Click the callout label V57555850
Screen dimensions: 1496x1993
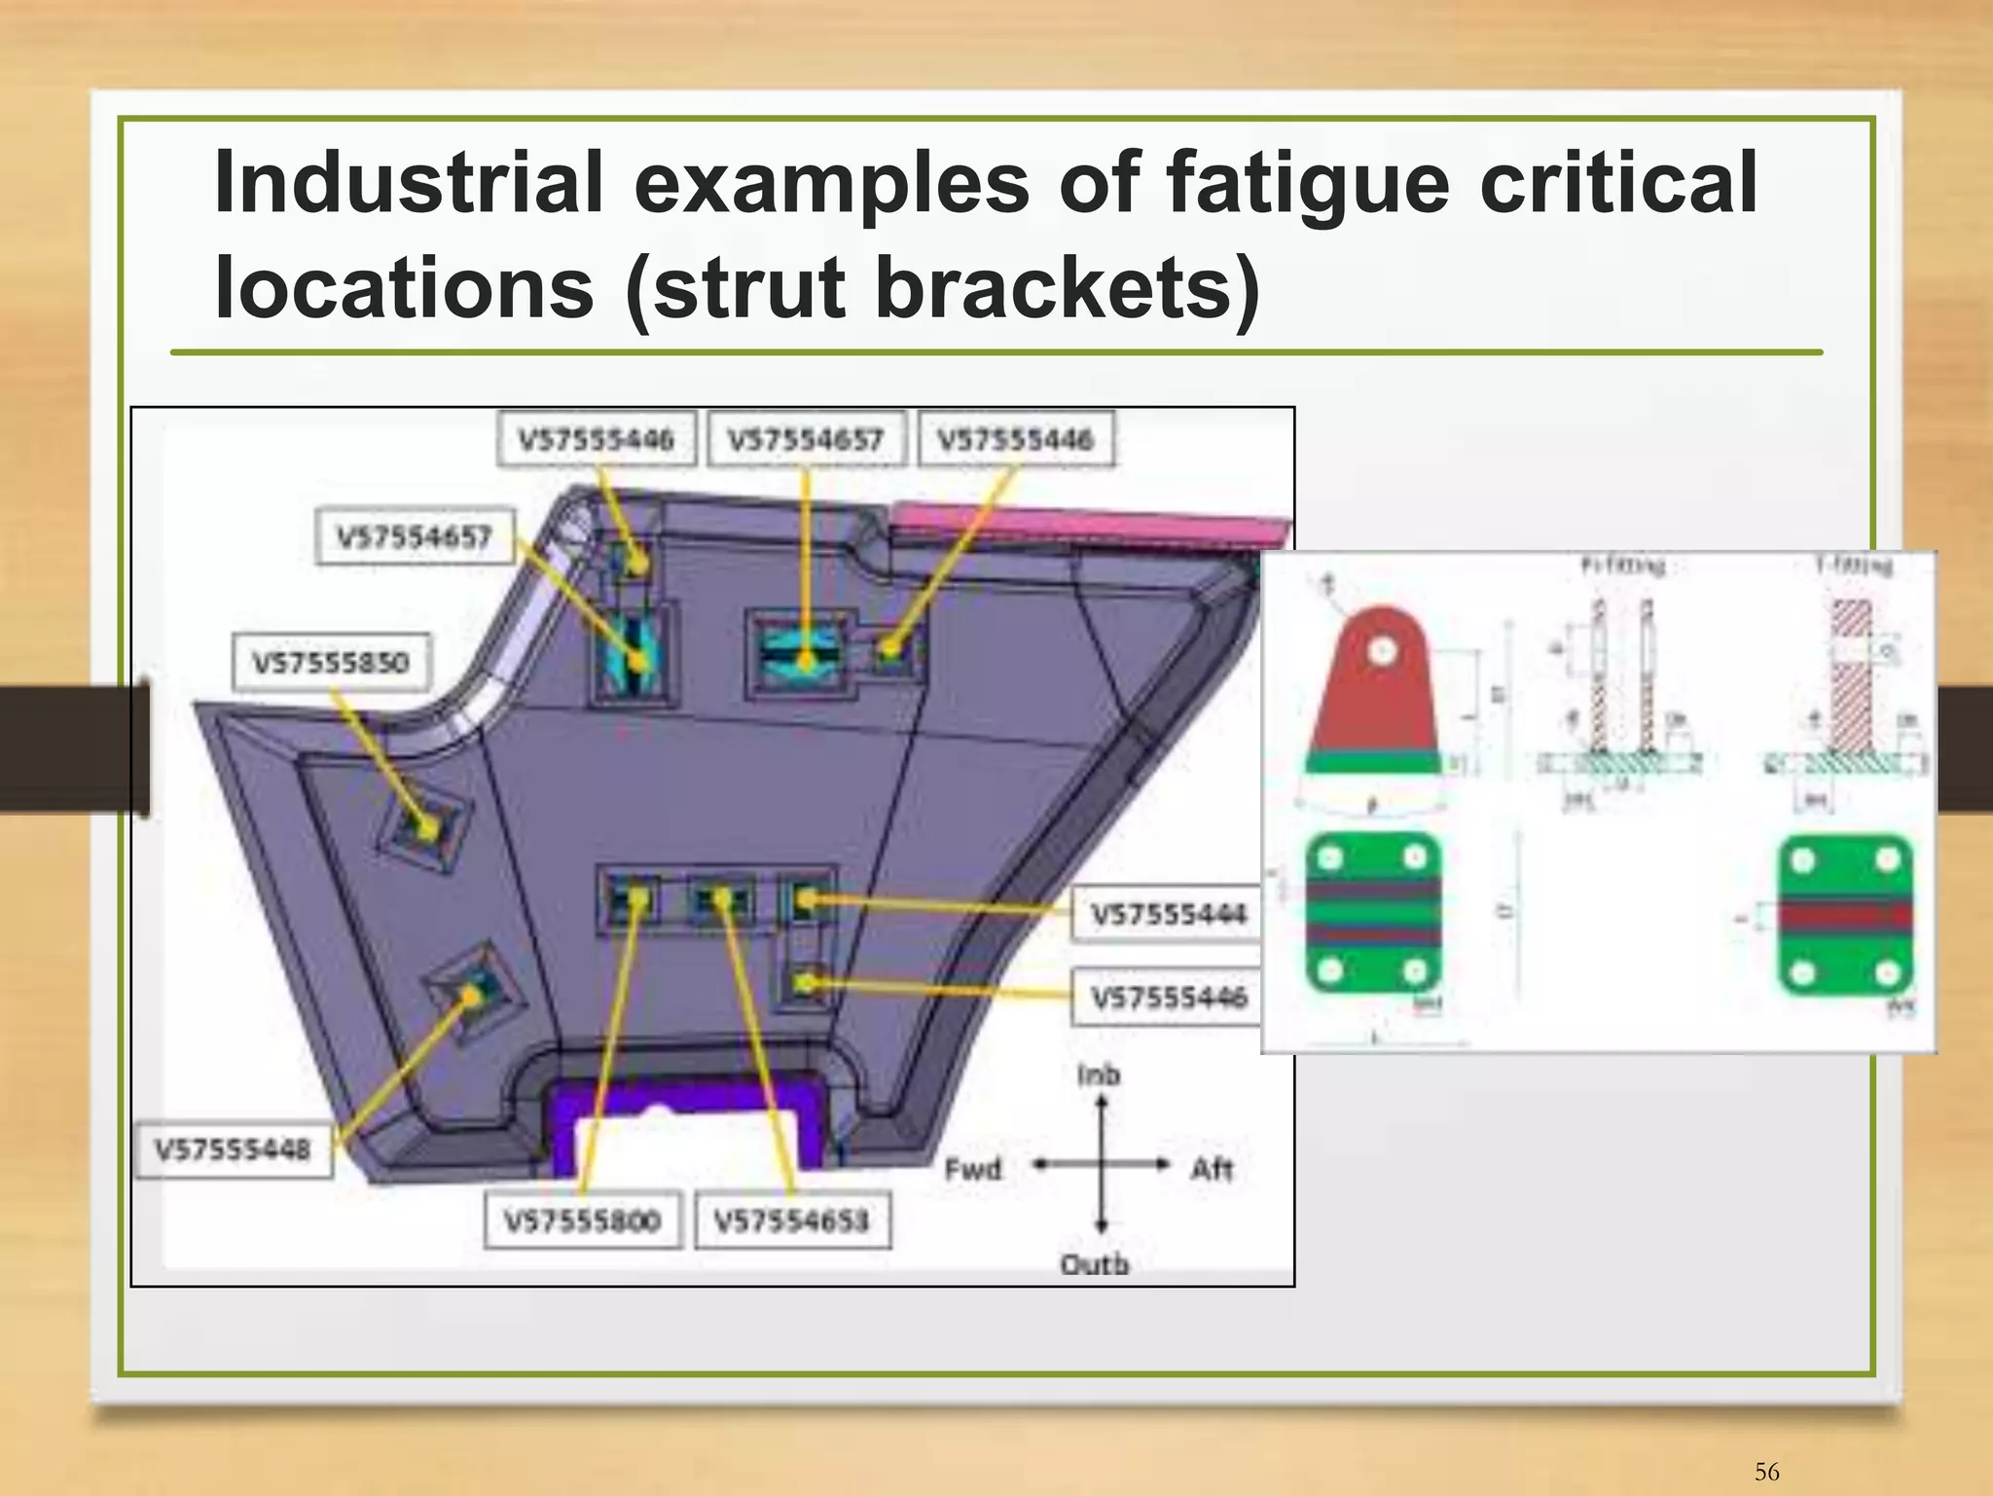(x=331, y=663)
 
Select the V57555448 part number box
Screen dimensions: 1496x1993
(x=234, y=1149)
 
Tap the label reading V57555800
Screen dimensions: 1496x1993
(x=582, y=1220)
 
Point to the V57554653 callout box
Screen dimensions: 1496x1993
(x=792, y=1220)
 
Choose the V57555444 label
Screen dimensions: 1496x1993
(x=1168, y=914)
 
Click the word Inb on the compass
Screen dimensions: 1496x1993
(x=1099, y=1076)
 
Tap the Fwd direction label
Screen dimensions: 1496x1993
(x=972, y=1168)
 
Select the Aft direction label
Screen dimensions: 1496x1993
(x=1212, y=1168)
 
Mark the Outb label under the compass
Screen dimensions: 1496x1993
(x=1095, y=1264)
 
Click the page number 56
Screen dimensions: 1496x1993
(x=1766, y=1472)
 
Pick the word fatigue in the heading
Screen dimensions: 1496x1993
(x=1307, y=185)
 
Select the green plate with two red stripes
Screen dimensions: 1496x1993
(x=1372, y=913)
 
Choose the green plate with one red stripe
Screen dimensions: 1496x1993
(x=1845, y=915)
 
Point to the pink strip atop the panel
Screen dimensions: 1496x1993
(x=1090, y=527)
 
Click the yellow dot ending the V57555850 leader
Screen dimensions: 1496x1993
(x=428, y=830)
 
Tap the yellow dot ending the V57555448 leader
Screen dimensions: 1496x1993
(x=471, y=995)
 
